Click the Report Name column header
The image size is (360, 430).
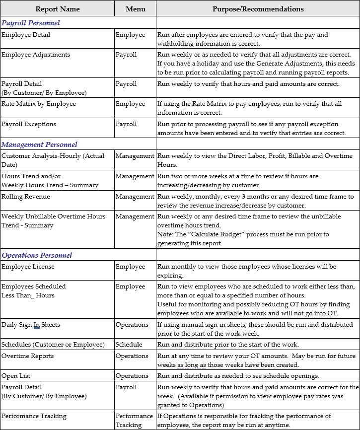pyautogui.click(x=57, y=9)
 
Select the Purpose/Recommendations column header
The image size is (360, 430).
pyautogui.click(x=258, y=9)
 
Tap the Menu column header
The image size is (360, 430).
pyautogui.click(x=135, y=9)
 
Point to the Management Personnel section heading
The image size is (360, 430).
pyautogui.click(x=40, y=144)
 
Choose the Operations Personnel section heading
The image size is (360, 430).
pyautogui.click(x=37, y=255)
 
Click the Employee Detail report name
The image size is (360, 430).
pyautogui.click(x=26, y=35)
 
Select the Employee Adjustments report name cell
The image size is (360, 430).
pyautogui.click(x=36, y=55)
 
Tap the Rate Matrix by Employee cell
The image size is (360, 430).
pyautogui.click(x=39, y=104)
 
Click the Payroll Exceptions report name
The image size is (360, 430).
pyautogui.click(x=29, y=124)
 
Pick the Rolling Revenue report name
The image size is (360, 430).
pyautogui.click(x=26, y=197)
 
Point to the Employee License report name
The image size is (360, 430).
pyautogui.click(x=28, y=267)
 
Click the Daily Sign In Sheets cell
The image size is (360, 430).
pyautogui.click(x=31, y=325)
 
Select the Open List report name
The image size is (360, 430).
pyautogui.click(x=16, y=376)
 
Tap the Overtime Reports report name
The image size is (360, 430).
pyautogui.click(x=28, y=356)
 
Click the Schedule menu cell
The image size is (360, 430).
pyautogui.click(x=129, y=345)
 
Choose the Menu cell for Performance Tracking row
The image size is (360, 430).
pyautogui.click(x=135, y=420)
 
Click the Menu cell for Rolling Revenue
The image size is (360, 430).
pyautogui.click(x=135, y=197)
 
